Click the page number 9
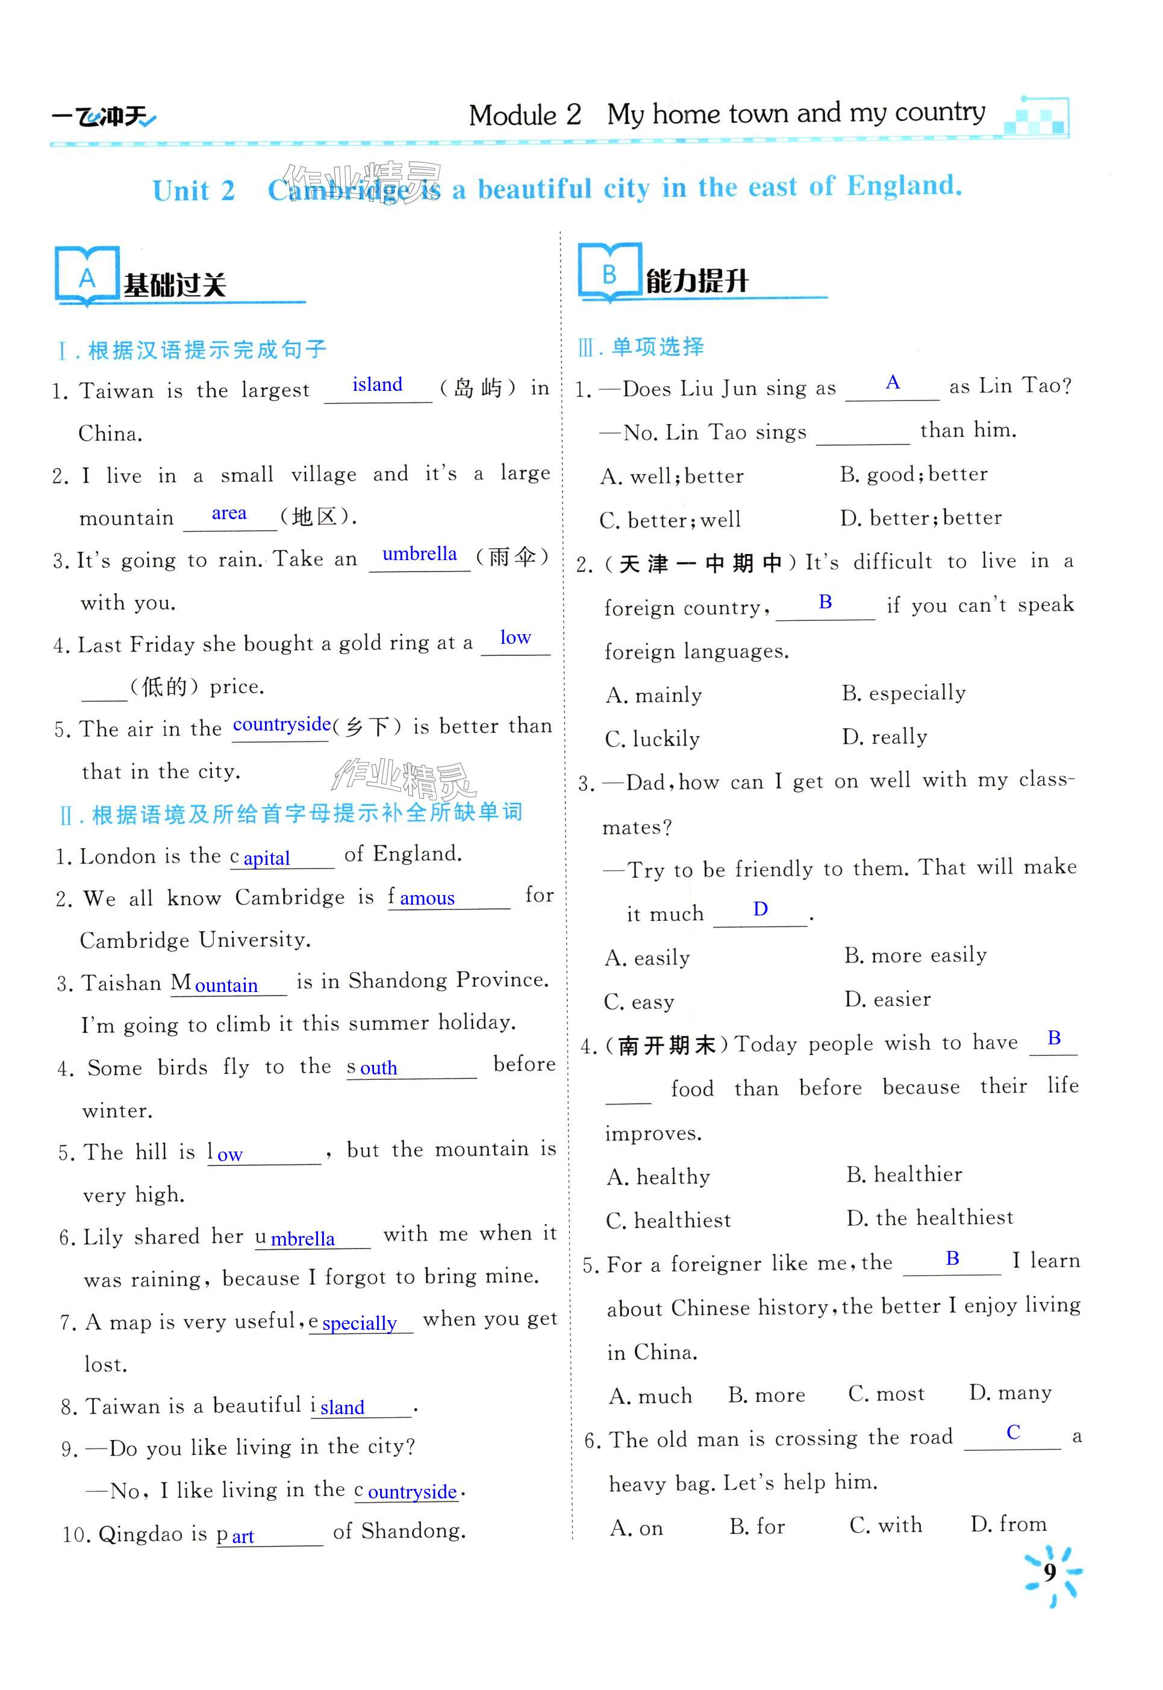coord(1049,1572)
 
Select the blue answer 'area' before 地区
coord(229,513)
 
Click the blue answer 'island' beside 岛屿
coord(377,384)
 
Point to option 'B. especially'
coord(903,693)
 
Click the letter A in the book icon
coord(87,278)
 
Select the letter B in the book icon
coord(609,274)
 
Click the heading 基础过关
coord(175,285)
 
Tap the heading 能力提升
coord(697,281)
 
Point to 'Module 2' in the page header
coord(525,114)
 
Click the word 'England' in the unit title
coord(903,186)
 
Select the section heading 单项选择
coord(657,347)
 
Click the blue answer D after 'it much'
coord(760,909)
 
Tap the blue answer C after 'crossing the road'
coord(1012,1432)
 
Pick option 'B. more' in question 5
coord(767,1395)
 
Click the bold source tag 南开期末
coord(666,1046)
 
